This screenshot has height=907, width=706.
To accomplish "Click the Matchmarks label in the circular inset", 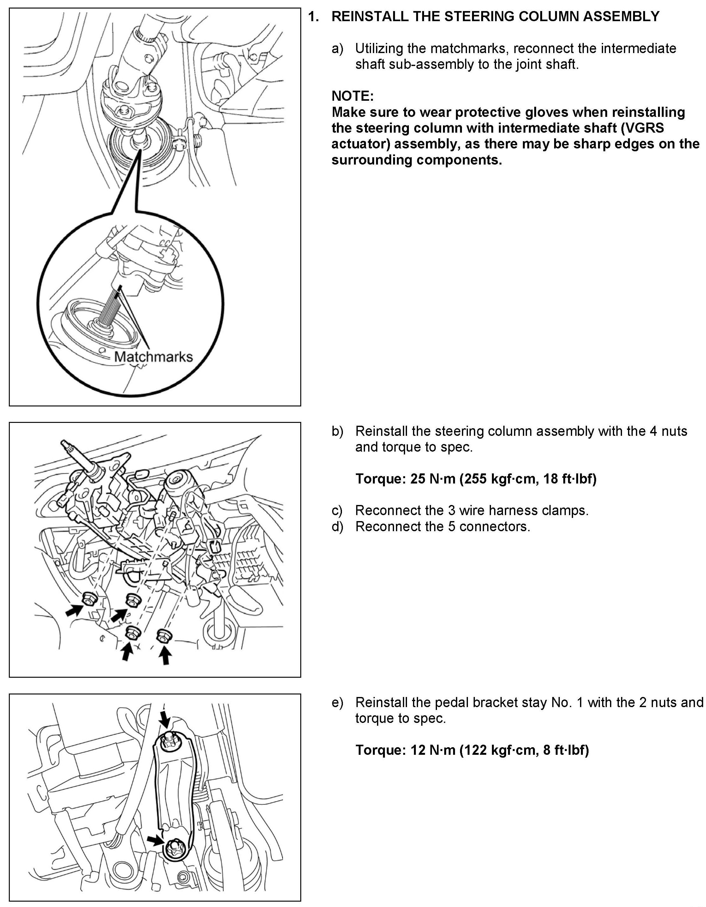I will click(x=153, y=357).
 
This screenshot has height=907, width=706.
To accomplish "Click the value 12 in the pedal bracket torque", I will click(x=418, y=750).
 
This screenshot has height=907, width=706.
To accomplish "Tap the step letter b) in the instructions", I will click(x=337, y=431).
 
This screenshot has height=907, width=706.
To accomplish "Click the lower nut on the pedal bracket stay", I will click(x=173, y=847).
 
